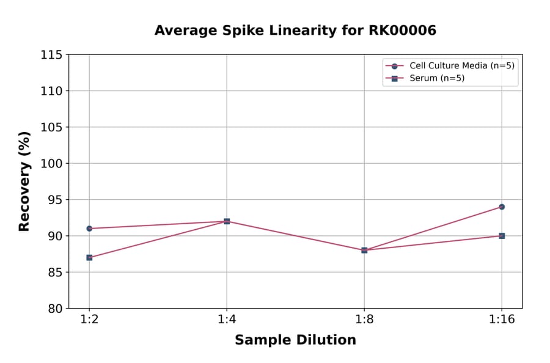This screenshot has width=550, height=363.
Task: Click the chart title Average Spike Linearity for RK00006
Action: click(x=295, y=31)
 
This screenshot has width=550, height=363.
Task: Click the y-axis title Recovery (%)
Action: click(x=24, y=181)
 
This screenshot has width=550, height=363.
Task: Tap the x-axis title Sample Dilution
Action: click(x=295, y=340)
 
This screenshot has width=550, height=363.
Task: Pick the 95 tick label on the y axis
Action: click(x=55, y=200)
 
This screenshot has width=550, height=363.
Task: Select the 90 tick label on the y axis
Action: click(x=55, y=236)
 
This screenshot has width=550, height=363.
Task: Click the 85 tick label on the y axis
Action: click(x=55, y=272)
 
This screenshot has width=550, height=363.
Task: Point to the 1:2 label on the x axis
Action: click(x=89, y=320)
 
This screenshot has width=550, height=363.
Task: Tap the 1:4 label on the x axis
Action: click(x=227, y=320)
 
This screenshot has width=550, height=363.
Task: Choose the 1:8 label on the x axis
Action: click(x=364, y=320)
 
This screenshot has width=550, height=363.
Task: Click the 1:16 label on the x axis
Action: click(x=502, y=320)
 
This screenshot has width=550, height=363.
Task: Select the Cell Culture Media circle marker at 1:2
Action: click(x=89, y=229)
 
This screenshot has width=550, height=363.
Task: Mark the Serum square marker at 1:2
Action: click(x=89, y=257)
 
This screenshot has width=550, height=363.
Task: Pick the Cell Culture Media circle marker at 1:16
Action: click(x=502, y=207)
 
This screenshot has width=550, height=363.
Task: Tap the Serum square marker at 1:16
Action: click(x=502, y=236)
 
